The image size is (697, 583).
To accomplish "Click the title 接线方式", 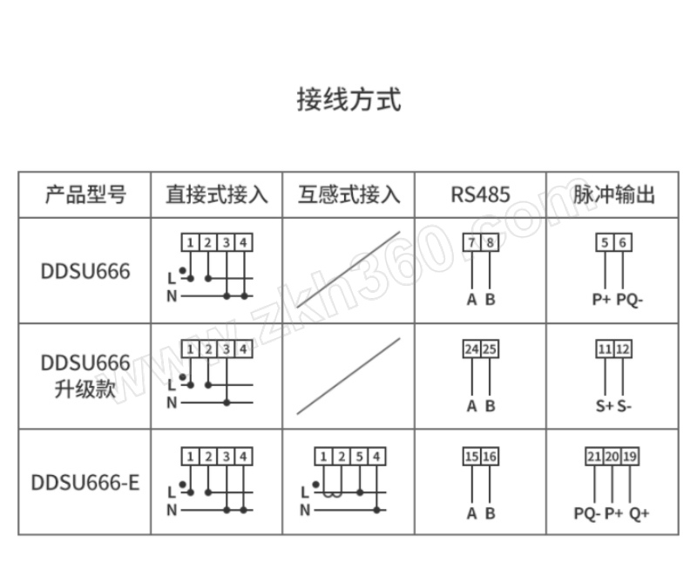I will [x=348, y=99].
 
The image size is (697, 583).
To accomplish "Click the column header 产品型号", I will [x=85, y=193].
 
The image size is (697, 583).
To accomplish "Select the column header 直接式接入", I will [x=216, y=193].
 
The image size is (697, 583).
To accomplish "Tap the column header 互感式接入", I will [x=348, y=193].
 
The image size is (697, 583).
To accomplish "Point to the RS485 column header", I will [x=480, y=193].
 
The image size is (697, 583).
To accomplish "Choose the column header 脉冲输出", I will [x=613, y=193].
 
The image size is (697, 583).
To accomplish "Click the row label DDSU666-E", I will [x=85, y=482].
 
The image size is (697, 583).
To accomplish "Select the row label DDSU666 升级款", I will [x=85, y=376].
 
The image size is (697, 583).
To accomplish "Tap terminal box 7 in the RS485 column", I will [x=471, y=242].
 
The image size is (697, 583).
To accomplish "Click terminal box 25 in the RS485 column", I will [x=491, y=349].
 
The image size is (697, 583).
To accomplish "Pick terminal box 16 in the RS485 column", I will [x=491, y=456].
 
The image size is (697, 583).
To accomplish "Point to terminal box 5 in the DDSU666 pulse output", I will [x=605, y=242].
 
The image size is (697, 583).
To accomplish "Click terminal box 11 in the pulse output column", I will [x=605, y=349].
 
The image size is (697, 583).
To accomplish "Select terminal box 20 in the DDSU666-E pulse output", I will [x=612, y=456].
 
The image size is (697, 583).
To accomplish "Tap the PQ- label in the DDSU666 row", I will [x=629, y=300].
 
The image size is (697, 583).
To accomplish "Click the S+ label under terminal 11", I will [x=604, y=406].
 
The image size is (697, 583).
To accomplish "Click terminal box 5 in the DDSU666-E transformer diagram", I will [x=359, y=456].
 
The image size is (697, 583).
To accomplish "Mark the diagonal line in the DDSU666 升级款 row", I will [x=348, y=376].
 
